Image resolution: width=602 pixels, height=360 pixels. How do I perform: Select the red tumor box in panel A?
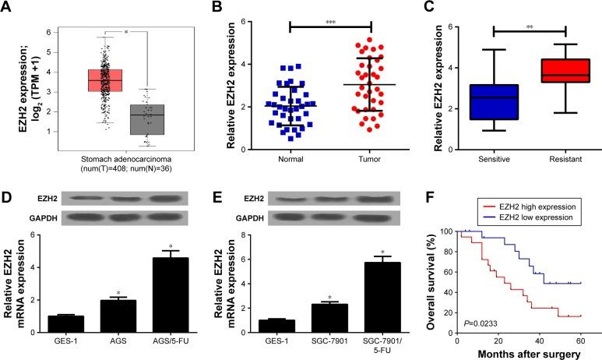point(88,79)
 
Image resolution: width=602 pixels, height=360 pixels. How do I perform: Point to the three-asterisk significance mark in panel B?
point(330,15)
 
